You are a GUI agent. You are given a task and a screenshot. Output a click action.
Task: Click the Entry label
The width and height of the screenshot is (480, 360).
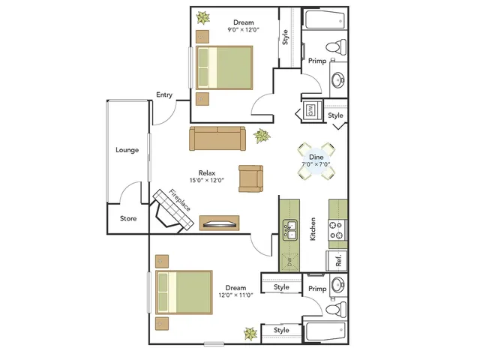pyautogui.click(x=164, y=95)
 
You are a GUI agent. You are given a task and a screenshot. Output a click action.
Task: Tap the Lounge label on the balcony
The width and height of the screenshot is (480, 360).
pyautogui.click(x=127, y=150)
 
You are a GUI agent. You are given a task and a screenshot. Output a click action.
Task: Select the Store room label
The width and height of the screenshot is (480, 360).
pyautogui.click(x=128, y=218)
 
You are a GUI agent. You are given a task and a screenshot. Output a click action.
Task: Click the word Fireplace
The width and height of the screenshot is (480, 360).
pyautogui.click(x=180, y=200)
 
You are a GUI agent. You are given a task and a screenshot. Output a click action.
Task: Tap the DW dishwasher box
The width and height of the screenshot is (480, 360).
pyautogui.click(x=289, y=262)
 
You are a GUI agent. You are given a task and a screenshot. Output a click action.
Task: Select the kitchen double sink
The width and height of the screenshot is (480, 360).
pyautogui.click(x=289, y=229)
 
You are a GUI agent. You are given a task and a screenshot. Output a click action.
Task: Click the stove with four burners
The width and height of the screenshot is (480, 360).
pyautogui.click(x=337, y=230)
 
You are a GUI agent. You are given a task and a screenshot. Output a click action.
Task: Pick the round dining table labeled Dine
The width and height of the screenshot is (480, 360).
pyautogui.click(x=316, y=161)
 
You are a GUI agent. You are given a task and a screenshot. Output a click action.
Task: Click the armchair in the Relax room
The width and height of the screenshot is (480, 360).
pyautogui.click(x=250, y=178)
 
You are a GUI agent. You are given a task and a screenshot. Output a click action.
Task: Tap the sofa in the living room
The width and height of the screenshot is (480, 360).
pyautogui.click(x=217, y=138)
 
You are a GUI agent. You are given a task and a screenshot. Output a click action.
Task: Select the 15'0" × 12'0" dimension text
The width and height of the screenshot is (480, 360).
pyautogui.click(x=207, y=180)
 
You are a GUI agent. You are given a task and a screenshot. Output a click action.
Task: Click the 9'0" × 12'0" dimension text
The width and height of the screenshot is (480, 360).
pyautogui.click(x=243, y=30)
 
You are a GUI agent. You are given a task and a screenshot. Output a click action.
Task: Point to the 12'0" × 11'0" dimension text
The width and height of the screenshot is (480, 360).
pyautogui.click(x=235, y=295)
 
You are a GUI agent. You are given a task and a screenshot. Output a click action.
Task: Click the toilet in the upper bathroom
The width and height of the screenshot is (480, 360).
pyautogui.click(x=336, y=46)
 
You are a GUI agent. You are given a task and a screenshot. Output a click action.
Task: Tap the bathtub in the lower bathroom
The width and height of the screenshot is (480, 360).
pyautogui.click(x=325, y=331)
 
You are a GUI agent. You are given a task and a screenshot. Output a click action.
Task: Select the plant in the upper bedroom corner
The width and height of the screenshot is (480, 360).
pyautogui.click(x=203, y=18)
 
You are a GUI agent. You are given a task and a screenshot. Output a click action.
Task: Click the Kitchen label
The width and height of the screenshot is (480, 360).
pyautogui.click(x=313, y=229)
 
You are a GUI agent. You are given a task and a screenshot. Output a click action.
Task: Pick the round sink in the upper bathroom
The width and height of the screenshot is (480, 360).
pyautogui.click(x=338, y=80)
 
